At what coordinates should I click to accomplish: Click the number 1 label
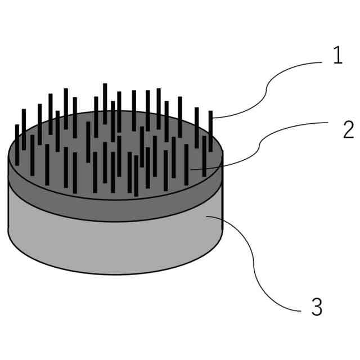point(337,57)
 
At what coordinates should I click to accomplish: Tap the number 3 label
point(317,307)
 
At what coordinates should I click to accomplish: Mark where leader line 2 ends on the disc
point(191,168)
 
